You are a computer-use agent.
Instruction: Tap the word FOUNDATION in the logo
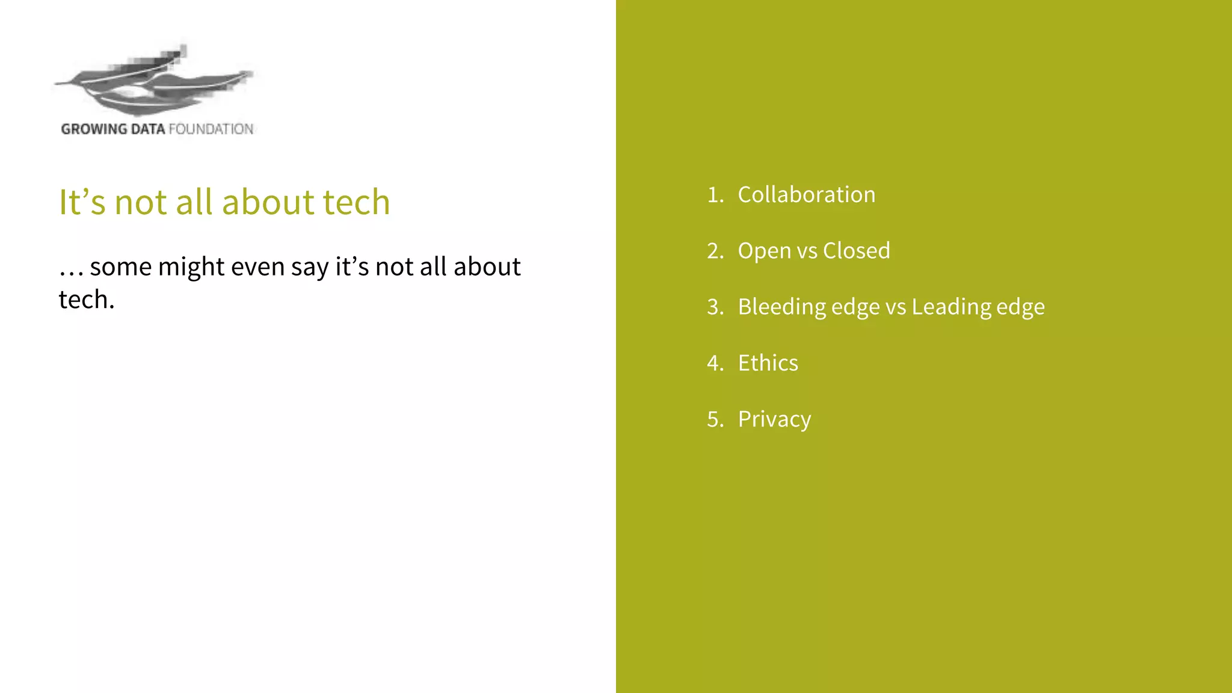pyautogui.click(x=211, y=129)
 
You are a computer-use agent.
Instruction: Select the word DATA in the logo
pyautogui.click(x=147, y=129)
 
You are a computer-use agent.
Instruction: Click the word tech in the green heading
pyautogui.click(x=356, y=202)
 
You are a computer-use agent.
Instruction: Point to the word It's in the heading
pyautogui.click(x=82, y=202)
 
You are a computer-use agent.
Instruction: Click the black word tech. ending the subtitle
pyautogui.click(x=86, y=300)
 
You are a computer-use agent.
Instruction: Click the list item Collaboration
pyautogui.click(x=806, y=195)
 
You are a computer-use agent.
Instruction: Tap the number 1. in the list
pyautogui.click(x=715, y=195)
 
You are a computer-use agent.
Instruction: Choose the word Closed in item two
pyautogui.click(x=856, y=251)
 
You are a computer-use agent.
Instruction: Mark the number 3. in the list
pyautogui.click(x=715, y=307)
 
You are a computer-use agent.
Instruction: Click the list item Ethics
pyautogui.click(x=768, y=363)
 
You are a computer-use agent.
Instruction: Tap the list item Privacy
pyautogui.click(x=774, y=420)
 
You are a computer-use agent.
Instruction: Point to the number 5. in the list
pyautogui.click(x=715, y=419)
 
